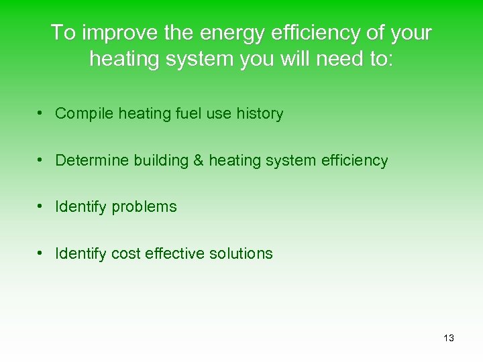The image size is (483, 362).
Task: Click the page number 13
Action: pyautogui.click(x=449, y=338)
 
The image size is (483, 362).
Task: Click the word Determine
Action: pyautogui.click(x=92, y=161)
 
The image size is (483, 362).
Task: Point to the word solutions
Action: pyautogui.click(x=241, y=253)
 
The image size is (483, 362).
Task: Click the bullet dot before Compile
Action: pyautogui.click(x=41, y=114)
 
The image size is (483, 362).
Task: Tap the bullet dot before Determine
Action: pyautogui.click(x=41, y=161)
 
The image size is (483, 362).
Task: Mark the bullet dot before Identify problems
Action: pyautogui.click(x=41, y=207)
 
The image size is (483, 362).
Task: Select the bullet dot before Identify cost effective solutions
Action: pyautogui.click(x=41, y=253)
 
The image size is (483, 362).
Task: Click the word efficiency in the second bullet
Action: pyautogui.click(x=355, y=161)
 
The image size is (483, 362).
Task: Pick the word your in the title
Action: pyautogui.click(x=411, y=32)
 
